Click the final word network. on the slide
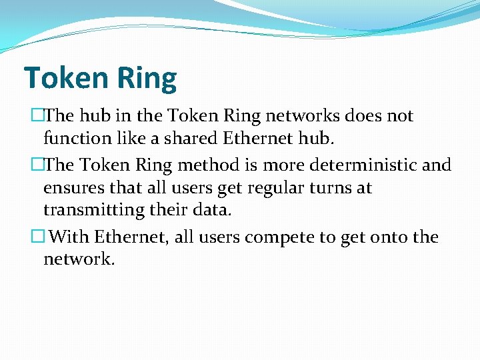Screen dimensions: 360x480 [x=79, y=259]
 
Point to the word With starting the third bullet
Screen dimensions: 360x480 [x=69, y=237]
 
